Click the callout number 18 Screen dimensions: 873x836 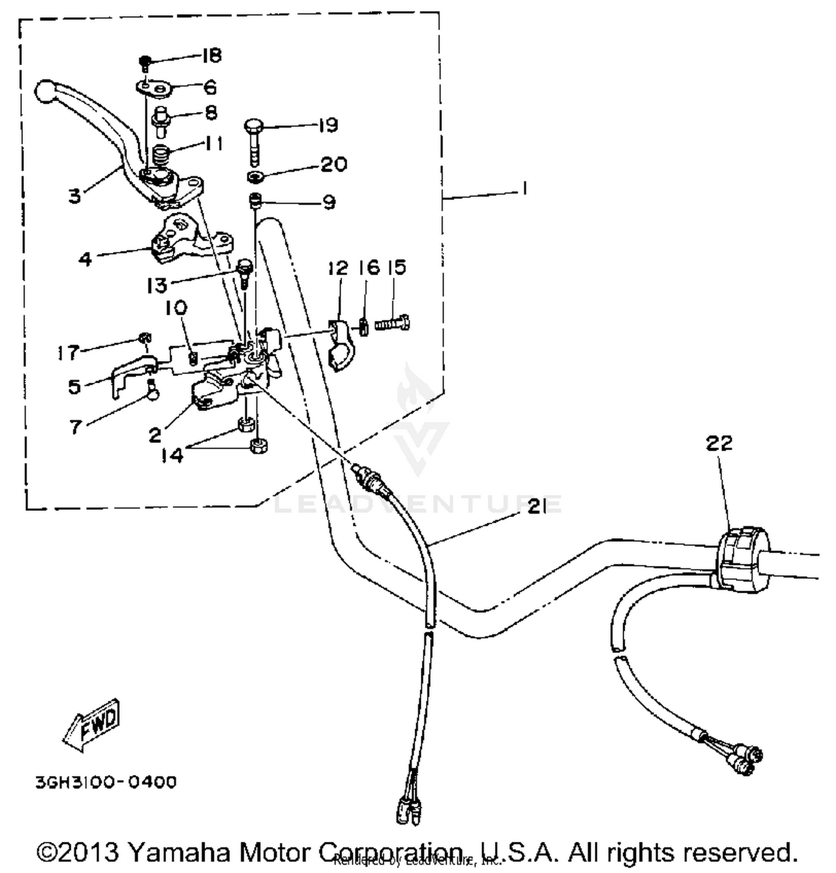coord(211,55)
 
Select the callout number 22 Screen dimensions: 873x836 coord(718,443)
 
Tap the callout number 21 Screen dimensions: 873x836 coord(537,507)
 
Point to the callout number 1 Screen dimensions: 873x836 coord(524,189)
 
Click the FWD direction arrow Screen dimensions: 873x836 coord(92,723)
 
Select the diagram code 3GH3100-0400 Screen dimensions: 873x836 coord(106,782)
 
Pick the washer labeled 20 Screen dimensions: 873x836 coord(256,177)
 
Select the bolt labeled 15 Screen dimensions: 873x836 coord(393,323)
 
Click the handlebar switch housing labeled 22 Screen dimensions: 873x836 coord(741,559)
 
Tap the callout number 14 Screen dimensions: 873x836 coord(172,455)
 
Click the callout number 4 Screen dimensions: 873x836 coord(85,259)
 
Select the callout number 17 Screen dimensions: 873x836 coord(68,352)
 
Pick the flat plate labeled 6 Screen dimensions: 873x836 coord(153,87)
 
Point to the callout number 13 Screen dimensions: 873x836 coord(157,285)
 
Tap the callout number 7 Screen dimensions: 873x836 coord(75,427)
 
